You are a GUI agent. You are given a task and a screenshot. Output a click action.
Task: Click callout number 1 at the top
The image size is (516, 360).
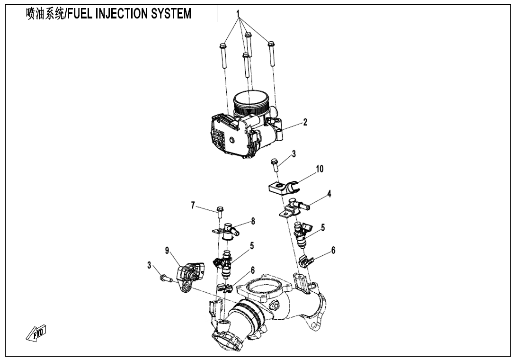239,14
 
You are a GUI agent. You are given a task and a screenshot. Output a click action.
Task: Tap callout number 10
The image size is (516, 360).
320,169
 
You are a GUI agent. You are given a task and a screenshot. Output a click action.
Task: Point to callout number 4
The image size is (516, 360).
329,194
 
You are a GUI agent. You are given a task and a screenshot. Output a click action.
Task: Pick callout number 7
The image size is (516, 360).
193,205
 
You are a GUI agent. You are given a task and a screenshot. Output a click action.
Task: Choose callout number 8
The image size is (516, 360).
253,221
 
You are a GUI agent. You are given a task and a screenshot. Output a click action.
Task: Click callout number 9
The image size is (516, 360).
168,251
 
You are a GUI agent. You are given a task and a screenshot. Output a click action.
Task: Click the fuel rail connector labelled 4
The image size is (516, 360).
295,207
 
